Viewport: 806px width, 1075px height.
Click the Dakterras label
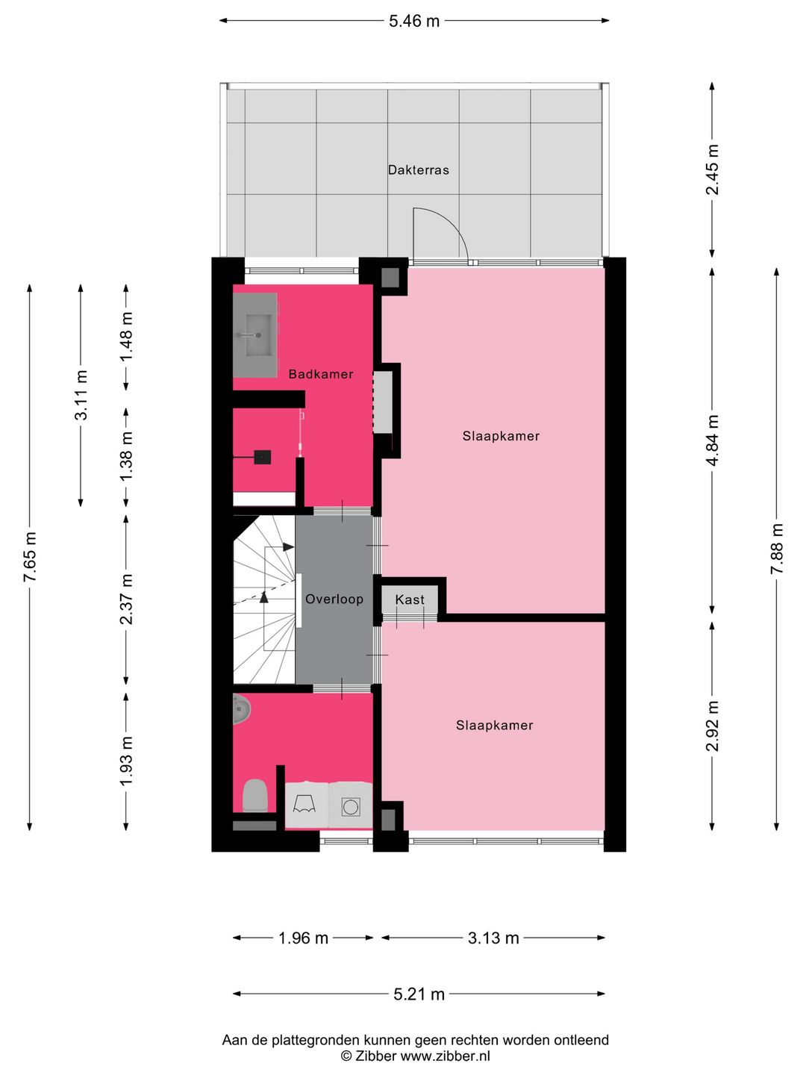pos(419,170)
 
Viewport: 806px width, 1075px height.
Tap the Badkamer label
pos(321,374)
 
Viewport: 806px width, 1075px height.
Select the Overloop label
pos(334,599)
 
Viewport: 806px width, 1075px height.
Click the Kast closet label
pos(410,599)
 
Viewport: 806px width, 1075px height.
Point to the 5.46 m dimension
pos(414,21)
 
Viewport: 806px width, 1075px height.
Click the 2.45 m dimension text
pos(713,170)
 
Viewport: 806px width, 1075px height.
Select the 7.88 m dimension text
pos(777,549)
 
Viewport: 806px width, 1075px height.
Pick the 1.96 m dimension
pos(303,938)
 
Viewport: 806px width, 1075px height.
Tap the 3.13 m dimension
pos(493,938)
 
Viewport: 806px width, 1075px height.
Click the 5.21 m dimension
pos(419,994)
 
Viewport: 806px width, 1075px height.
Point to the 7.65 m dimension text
pos(30,557)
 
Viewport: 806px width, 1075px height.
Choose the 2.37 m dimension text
pos(126,599)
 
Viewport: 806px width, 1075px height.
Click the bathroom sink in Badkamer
pos(255,335)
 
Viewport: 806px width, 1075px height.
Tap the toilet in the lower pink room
pos(255,796)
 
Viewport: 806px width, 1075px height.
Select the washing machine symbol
pos(351,806)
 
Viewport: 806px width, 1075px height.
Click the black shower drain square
pos(262,457)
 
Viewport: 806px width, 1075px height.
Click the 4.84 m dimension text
pos(713,440)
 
